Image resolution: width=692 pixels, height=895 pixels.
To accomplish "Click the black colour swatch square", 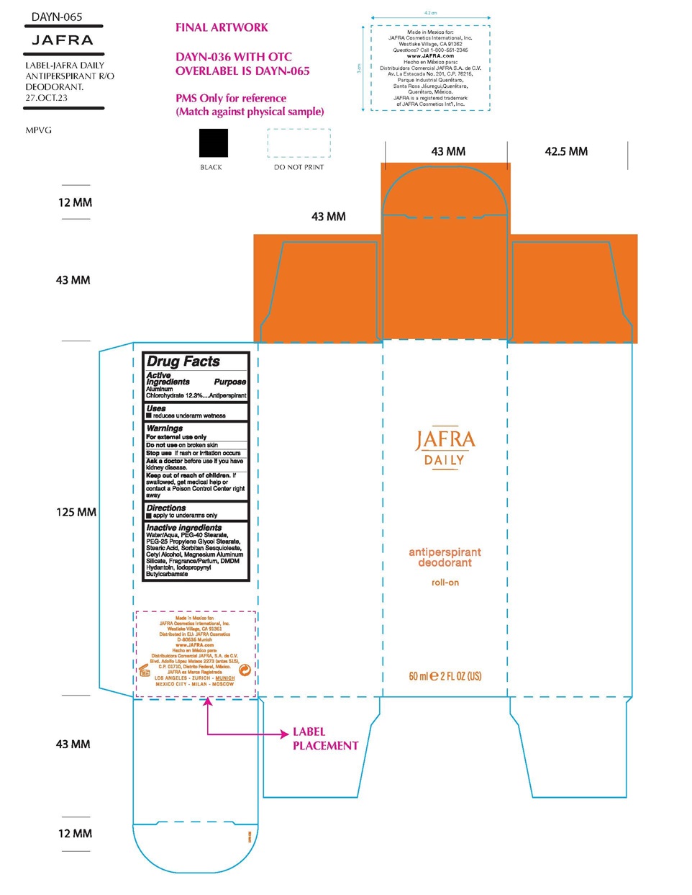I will [213, 143].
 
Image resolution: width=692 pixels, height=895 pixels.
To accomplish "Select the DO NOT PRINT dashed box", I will [299, 143].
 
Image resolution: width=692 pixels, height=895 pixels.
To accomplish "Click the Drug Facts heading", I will [183, 361].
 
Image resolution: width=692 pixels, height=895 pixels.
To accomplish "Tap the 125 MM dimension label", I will [76, 512].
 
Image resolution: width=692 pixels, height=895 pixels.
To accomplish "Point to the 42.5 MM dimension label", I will [566, 151].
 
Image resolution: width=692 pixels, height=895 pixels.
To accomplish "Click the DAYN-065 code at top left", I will [57, 17].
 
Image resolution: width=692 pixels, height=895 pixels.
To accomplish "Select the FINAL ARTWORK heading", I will [222, 27].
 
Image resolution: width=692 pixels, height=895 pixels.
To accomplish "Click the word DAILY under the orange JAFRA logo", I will [445, 460].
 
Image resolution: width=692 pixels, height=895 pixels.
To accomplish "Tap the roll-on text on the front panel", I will [445, 583].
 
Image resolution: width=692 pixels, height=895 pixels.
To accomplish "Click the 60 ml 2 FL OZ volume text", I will [445, 676].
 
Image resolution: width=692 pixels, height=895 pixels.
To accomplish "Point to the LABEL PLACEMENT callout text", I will [324, 739].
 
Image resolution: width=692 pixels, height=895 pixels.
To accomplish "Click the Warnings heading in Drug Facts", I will [165, 428].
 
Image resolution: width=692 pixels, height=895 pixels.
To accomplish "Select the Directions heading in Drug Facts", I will [166, 508].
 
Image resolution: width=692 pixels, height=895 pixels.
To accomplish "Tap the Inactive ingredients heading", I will [184, 528].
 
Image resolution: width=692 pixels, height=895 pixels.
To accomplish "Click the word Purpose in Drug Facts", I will [230, 382].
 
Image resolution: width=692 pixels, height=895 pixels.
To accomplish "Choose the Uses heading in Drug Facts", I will [156, 408].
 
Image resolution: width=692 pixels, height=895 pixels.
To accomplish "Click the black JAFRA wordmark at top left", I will [63, 40].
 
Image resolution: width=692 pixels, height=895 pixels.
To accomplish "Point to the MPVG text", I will [39, 130].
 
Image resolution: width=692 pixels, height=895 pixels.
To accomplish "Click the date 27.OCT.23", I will [47, 98].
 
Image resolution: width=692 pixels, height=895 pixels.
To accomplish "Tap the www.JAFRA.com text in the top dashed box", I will [430, 55].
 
